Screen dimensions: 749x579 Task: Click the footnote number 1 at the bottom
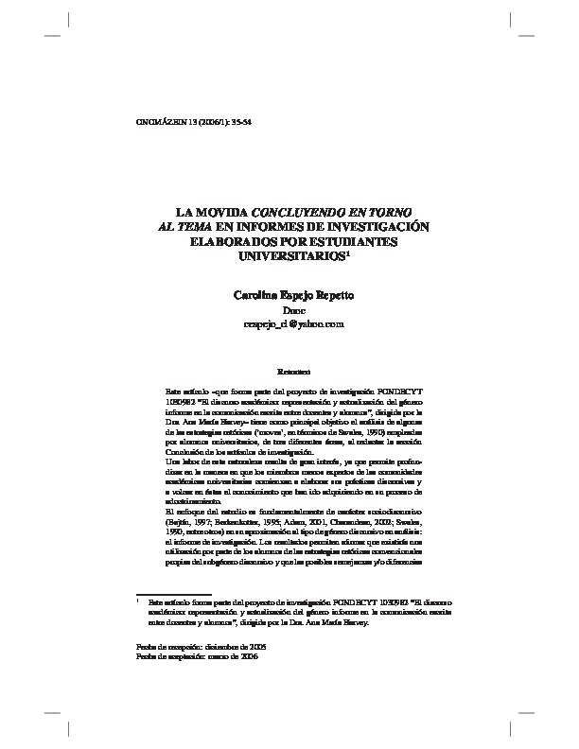click(x=138, y=600)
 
